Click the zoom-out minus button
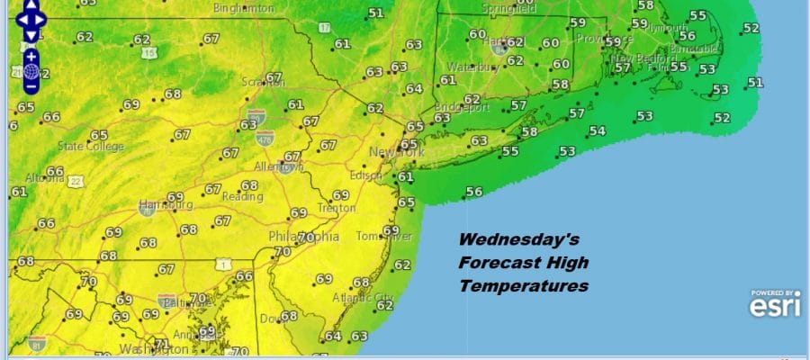pos(31,87)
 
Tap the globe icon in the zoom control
pos(31,71)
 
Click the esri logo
pos(772,307)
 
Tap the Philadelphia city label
pos(304,238)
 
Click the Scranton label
pos(262,83)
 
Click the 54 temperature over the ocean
pos(596,131)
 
